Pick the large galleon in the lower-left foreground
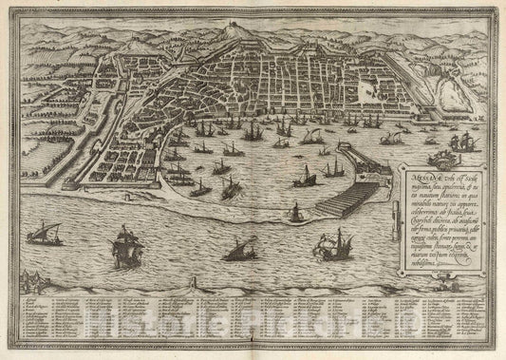tap(124, 250)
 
